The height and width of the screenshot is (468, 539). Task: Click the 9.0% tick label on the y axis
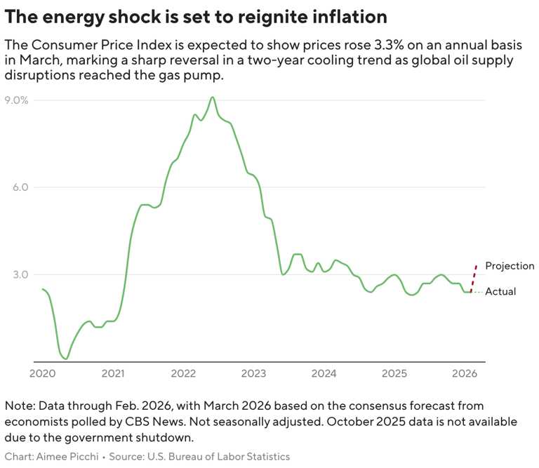pos(17,100)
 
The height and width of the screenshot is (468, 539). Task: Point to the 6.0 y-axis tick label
pos(20,187)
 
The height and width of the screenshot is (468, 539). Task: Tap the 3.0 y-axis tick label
pos(20,274)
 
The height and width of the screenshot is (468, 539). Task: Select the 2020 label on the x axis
pos(42,373)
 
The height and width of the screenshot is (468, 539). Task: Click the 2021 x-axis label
pos(113,373)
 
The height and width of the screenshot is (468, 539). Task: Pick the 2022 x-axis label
pos(183,373)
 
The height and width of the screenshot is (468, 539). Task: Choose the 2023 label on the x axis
pos(254,373)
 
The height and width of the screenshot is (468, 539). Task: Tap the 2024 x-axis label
pos(324,373)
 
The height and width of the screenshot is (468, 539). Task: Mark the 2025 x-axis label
pos(395,373)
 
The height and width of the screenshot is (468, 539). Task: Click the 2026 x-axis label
pos(465,373)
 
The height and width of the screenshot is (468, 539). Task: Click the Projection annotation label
pos(510,266)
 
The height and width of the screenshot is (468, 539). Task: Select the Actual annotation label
pos(500,291)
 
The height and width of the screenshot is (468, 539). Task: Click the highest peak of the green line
pos(213,98)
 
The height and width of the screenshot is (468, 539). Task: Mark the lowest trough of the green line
pos(65,359)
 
